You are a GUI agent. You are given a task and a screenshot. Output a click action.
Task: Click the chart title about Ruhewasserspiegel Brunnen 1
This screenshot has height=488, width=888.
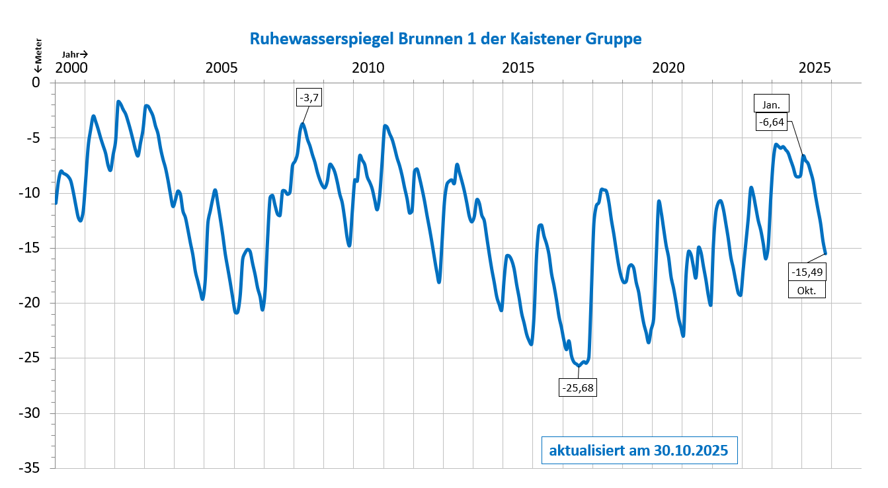446,39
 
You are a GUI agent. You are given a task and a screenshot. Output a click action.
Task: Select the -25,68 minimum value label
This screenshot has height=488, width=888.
577,387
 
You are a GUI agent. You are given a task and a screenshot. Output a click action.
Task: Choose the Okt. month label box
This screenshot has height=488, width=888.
807,290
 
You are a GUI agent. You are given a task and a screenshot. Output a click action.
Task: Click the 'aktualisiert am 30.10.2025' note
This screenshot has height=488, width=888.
639,451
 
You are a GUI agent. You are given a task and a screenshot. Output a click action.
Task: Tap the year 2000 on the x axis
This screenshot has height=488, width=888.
71,68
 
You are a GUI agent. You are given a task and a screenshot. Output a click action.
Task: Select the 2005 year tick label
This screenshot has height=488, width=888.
220,68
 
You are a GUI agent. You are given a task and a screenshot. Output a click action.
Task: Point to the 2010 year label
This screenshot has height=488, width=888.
368,68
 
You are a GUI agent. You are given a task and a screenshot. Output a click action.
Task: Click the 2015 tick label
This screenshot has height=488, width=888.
518,68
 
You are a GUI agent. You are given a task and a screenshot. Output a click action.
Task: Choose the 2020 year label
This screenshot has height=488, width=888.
666,68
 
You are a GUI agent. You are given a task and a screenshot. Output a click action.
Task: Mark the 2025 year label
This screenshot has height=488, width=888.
815,68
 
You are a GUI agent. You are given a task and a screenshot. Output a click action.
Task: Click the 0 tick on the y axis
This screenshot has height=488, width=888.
37,83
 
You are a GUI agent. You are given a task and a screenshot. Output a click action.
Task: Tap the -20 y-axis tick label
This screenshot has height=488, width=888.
32,304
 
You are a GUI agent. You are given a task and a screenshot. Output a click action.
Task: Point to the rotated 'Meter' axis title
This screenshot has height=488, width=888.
38,50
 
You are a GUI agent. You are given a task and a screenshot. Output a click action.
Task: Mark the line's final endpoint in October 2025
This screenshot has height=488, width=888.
825,253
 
